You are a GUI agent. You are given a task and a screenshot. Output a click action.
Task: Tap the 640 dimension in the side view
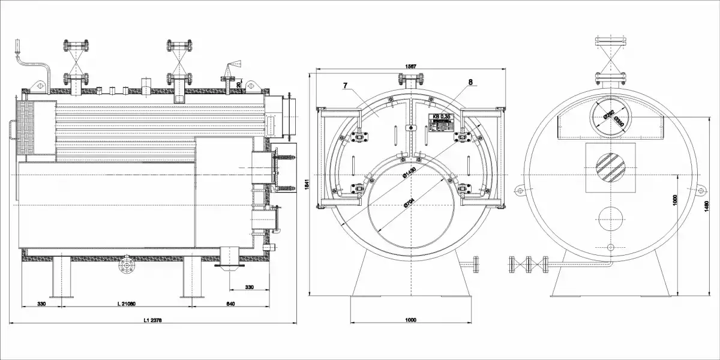[x=231, y=304]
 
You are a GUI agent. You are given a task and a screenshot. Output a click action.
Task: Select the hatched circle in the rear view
[x=610, y=167]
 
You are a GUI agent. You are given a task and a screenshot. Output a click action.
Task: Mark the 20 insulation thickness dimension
[x=239, y=85]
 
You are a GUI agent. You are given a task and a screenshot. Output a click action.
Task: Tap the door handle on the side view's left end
[x=12, y=130]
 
